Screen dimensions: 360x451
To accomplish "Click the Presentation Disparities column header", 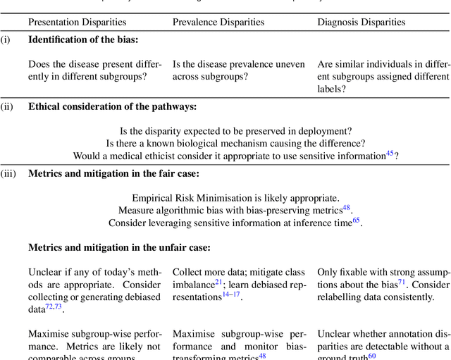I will [77, 22].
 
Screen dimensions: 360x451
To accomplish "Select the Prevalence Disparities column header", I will [218, 22].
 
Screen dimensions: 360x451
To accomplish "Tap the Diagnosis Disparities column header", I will [362, 22].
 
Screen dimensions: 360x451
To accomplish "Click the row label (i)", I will [6, 39].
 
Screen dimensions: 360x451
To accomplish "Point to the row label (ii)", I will [6, 107].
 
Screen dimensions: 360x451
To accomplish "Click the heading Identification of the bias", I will [83, 39].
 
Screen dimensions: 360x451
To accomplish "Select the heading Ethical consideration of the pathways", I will [113, 107].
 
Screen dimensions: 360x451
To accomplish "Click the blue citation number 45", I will [390, 153].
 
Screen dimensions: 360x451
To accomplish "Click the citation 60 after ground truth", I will [372, 356].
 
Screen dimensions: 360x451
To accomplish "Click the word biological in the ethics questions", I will [214, 143].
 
